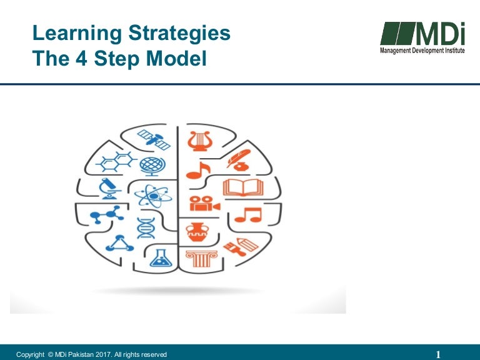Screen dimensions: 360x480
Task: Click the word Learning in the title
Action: click(69, 33)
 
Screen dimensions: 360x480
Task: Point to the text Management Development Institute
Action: click(422, 50)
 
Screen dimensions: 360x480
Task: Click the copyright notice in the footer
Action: click(92, 354)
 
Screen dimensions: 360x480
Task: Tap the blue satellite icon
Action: click(154, 139)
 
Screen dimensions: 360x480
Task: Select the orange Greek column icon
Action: click(201, 257)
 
